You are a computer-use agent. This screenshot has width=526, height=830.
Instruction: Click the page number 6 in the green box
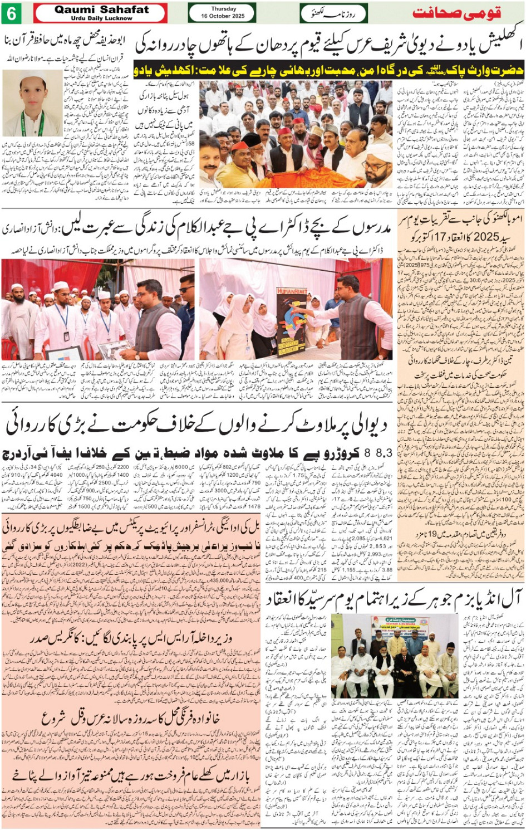[x=11, y=13]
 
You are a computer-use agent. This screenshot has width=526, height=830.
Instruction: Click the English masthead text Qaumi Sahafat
[x=101, y=9]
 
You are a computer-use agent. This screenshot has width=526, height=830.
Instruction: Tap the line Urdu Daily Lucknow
[x=101, y=18]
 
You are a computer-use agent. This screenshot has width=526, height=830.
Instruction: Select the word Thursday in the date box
[x=223, y=9]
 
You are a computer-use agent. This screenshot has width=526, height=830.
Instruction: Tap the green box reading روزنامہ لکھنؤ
[x=333, y=13]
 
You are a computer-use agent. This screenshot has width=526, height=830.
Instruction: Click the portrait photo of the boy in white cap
[x=32, y=103]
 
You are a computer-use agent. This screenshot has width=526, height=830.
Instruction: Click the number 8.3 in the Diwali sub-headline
[x=380, y=453]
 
